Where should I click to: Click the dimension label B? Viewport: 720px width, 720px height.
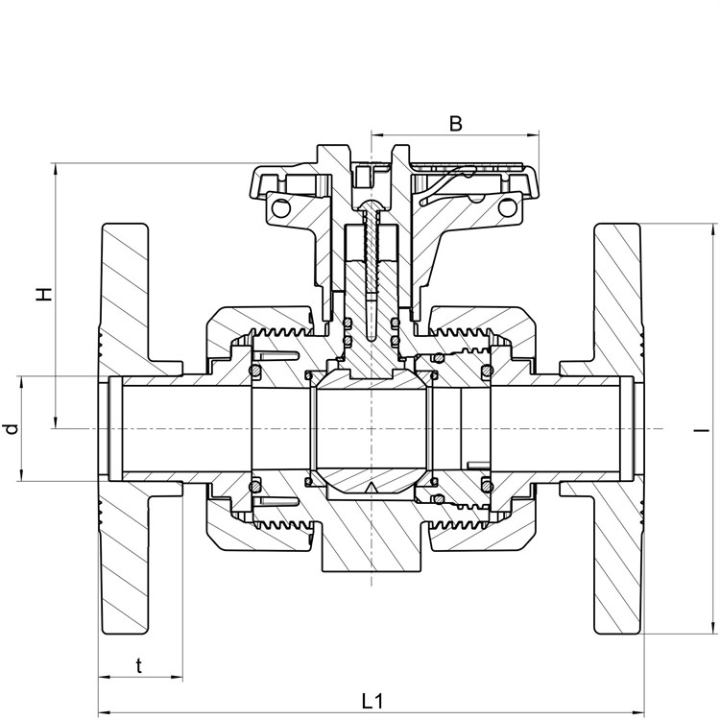pos(455,124)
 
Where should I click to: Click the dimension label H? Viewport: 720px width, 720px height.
pos(44,294)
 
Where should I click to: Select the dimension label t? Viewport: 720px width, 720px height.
pos(139,665)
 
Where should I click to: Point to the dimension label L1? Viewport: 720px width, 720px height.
pos(372,701)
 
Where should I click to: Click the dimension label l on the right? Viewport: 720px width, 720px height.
pos(702,431)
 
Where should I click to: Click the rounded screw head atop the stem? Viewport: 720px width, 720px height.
pos(371,204)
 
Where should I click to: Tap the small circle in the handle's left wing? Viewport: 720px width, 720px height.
pos(281,208)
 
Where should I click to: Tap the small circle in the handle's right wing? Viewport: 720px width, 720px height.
pos(507,207)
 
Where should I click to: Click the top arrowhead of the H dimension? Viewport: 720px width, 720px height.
pos(56,168)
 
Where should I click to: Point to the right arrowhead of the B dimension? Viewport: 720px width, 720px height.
pos(534,135)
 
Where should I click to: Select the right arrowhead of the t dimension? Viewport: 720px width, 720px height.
pos(178,677)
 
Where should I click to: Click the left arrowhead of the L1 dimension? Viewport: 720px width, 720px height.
pos(105,712)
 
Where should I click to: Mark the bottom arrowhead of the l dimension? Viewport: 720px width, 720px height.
pos(713,629)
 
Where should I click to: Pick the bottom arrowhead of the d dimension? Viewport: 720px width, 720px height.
pos(21,476)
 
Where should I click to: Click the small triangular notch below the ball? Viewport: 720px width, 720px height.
pos(371,488)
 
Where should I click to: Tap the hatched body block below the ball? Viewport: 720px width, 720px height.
pos(371,533)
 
